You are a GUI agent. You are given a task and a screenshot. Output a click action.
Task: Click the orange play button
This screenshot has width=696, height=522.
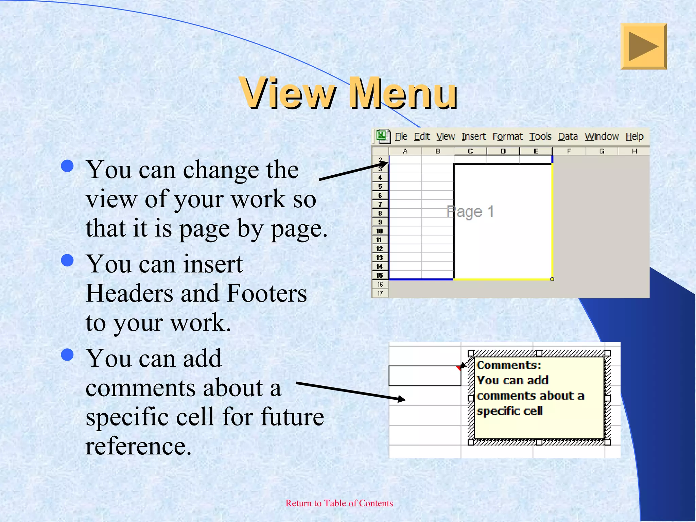[x=643, y=46]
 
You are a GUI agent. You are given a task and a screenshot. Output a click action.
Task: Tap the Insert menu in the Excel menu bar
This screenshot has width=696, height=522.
[x=473, y=137]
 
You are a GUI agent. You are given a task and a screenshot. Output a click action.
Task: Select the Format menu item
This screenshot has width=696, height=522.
[x=507, y=137]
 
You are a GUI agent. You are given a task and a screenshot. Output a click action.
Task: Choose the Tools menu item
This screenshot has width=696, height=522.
[x=540, y=137]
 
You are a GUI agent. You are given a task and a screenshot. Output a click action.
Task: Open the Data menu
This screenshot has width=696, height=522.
[x=568, y=137]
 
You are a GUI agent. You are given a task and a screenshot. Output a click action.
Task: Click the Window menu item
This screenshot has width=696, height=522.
[x=602, y=137]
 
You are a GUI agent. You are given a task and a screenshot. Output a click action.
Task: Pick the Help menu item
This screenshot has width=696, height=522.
[x=634, y=137]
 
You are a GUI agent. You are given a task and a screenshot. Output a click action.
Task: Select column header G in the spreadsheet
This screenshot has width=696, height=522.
[x=602, y=151]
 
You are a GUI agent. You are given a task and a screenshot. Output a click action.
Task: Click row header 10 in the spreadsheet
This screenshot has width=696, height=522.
[x=380, y=231]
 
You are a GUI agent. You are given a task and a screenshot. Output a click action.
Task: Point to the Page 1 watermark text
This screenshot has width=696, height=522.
[x=470, y=212]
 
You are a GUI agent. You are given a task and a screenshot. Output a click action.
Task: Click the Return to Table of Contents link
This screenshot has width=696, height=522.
[x=339, y=503]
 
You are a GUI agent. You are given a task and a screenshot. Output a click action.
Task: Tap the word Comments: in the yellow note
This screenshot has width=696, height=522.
[x=509, y=365]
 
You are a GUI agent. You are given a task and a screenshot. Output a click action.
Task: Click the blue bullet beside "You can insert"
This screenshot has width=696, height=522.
[x=68, y=260]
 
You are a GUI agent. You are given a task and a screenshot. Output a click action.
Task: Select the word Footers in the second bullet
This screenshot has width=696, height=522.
[x=266, y=293]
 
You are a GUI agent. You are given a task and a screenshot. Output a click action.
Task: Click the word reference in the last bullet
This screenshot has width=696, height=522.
[x=139, y=446]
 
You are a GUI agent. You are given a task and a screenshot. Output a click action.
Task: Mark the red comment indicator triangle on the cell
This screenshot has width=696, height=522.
[x=459, y=368]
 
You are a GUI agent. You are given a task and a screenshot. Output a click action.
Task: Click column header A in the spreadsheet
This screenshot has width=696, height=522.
[x=405, y=151]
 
